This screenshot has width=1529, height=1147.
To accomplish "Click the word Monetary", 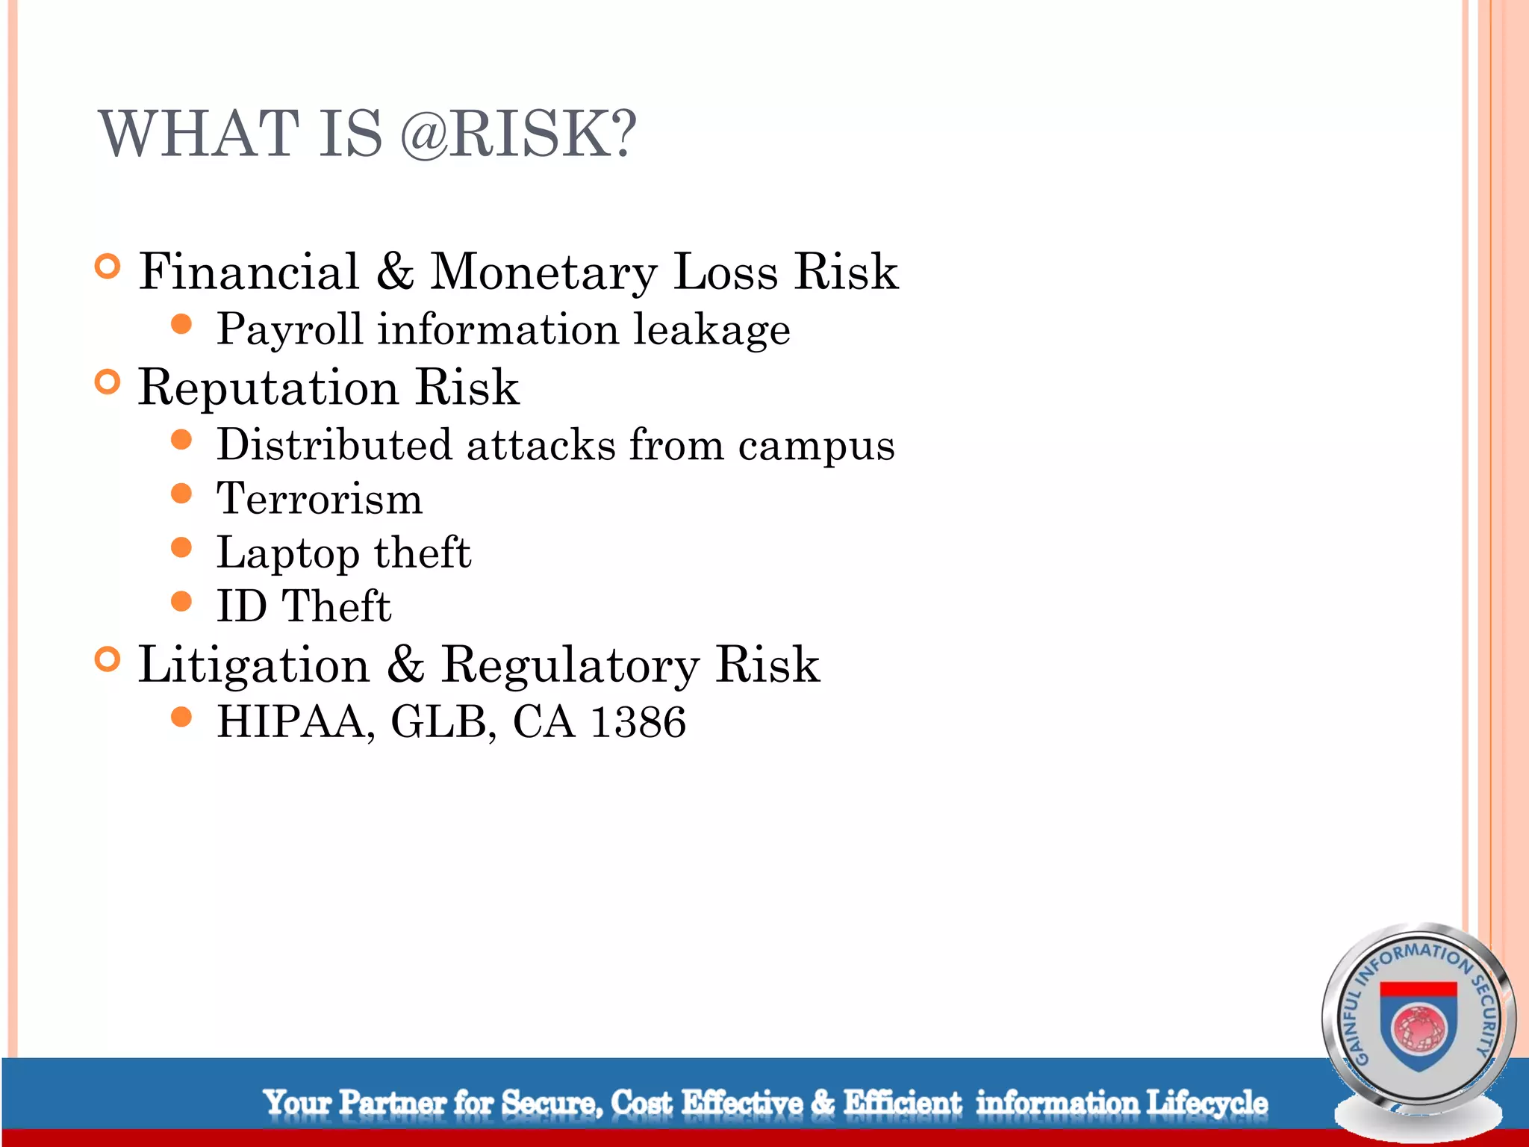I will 544,273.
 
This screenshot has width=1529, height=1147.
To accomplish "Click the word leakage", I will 711,329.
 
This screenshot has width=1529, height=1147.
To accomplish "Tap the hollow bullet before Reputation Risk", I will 108,382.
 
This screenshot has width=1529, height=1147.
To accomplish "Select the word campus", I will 816,447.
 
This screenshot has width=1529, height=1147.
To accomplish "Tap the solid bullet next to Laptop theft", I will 181,547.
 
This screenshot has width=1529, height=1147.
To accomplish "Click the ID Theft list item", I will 303,606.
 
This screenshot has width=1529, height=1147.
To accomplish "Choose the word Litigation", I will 254,665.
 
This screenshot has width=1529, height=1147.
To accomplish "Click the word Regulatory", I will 570,665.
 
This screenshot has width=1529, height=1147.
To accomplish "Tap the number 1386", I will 638,722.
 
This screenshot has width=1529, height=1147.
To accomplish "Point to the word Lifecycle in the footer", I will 1206,1102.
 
